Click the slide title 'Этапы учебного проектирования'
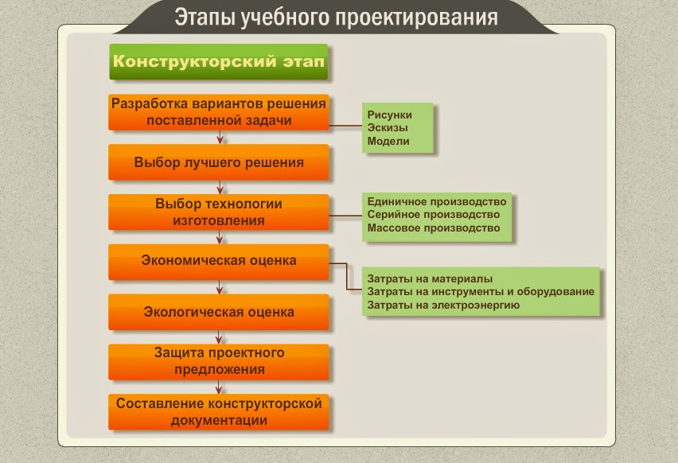click(x=336, y=17)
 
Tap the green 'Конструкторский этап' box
click(x=218, y=61)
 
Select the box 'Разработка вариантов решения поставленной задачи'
click(x=218, y=112)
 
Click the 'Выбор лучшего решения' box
click(x=218, y=162)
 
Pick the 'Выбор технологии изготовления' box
click(x=218, y=212)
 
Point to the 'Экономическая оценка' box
click(x=218, y=261)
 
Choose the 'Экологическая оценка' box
click(x=218, y=312)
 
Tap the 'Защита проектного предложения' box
click(x=218, y=361)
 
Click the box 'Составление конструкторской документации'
click(x=218, y=411)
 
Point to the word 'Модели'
click(x=388, y=141)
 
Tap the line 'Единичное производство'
click(x=436, y=201)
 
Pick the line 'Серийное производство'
click(x=433, y=215)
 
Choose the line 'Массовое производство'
click(x=433, y=228)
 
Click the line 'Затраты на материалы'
click(x=430, y=279)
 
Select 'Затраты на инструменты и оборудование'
click(x=480, y=291)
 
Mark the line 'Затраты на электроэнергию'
click(x=443, y=304)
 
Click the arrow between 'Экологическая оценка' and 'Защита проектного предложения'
click(x=219, y=337)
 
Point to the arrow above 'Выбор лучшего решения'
click(x=219, y=137)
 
